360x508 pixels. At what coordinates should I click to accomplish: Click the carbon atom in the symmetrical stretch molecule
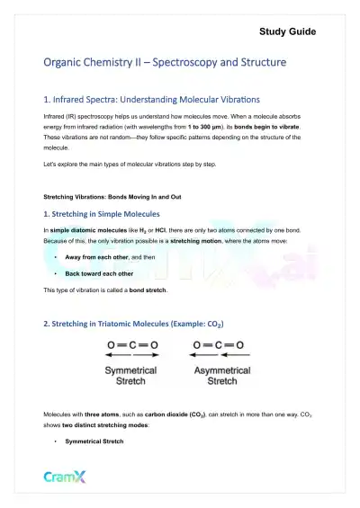tap(131, 344)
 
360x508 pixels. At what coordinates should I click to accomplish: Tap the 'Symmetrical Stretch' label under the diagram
tap(131, 376)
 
